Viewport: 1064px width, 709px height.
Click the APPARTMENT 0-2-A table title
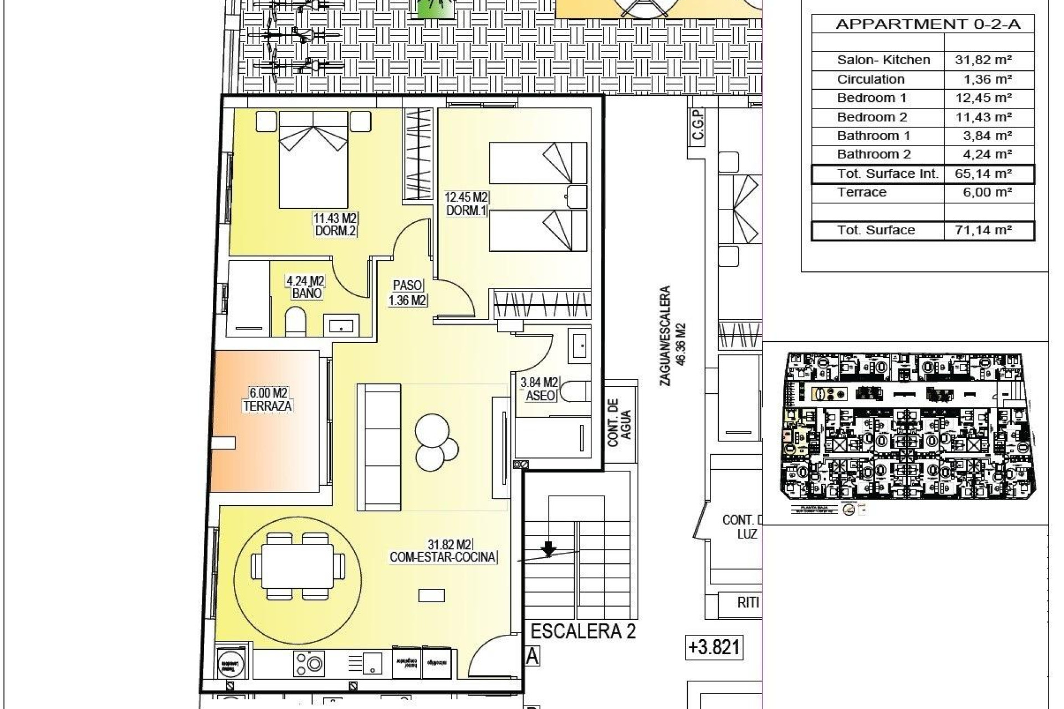928,24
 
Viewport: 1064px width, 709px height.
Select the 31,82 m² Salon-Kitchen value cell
983,60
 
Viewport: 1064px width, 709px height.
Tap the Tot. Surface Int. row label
887,174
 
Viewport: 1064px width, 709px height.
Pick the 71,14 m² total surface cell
983,230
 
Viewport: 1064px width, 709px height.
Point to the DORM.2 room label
335,231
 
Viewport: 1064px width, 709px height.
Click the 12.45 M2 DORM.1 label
466,203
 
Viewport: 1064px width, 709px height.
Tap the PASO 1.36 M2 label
407,293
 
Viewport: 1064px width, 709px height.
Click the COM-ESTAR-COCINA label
442,557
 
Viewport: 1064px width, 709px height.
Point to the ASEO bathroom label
540,395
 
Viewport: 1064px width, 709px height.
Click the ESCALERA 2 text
583,631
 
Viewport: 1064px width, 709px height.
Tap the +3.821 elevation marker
714,647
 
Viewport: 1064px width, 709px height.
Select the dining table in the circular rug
298,567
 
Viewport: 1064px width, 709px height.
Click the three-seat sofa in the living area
379,447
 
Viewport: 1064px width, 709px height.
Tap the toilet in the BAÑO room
295,323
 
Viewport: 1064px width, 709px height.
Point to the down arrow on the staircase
548,549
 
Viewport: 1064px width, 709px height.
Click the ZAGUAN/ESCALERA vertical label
674,335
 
